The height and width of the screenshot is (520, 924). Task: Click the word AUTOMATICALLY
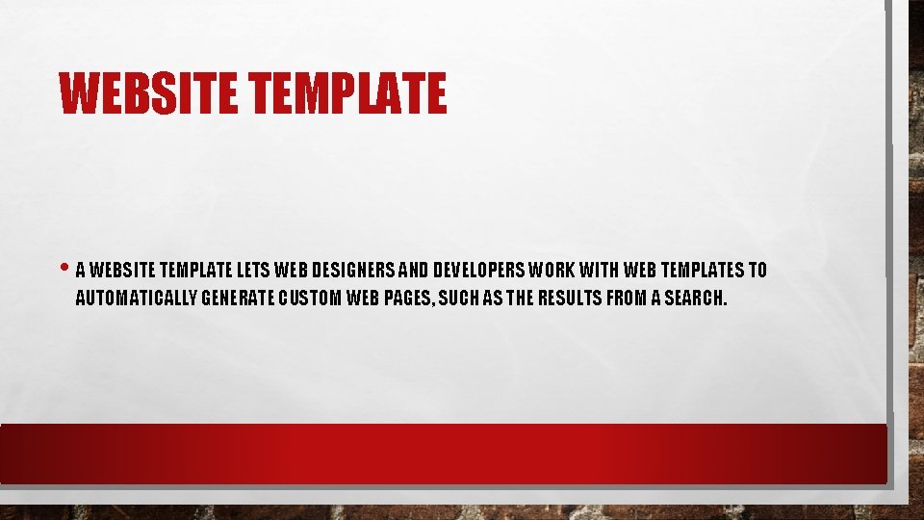point(137,298)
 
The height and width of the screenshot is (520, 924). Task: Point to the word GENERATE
point(240,298)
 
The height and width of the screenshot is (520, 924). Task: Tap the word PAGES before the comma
point(410,298)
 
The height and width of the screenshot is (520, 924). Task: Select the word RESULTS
point(568,298)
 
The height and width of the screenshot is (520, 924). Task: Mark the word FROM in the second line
point(627,298)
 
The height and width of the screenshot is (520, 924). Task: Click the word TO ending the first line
point(757,271)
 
